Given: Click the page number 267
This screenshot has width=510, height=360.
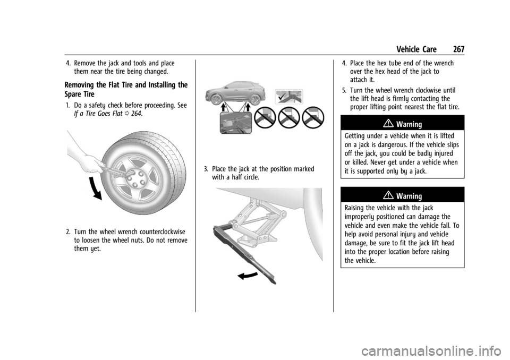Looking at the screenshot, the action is click(458, 49).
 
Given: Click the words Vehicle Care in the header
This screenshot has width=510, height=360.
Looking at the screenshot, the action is click(416, 49).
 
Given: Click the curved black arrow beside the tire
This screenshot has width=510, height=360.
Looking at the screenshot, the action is click(95, 188).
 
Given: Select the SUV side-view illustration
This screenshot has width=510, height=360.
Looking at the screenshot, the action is click(235, 93).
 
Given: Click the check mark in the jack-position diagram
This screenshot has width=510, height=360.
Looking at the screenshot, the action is click(282, 96).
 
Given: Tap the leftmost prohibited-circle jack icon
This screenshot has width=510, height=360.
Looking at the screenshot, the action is click(265, 117).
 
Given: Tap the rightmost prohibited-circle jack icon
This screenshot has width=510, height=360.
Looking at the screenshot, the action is click(313, 117).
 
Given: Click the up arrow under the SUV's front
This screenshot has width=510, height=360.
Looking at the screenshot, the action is click(224, 108).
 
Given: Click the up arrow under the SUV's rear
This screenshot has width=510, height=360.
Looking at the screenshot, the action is click(248, 108).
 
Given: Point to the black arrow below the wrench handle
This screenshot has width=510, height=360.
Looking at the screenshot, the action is click(248, 276).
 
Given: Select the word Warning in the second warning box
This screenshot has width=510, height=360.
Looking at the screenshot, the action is click(409, 196).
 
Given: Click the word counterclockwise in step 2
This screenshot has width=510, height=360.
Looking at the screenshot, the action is click(163, 232).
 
